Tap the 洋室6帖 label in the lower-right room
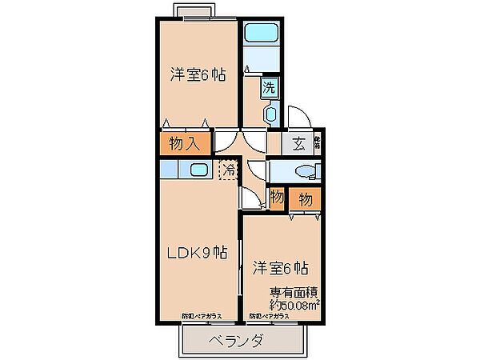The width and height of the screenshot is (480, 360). pos(282,267)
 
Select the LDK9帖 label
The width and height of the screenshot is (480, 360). pos(196,253)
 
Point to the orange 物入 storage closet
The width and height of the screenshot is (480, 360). pos(185,144)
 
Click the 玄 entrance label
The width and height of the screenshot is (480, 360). pos(298,144)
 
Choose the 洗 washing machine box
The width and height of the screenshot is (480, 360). pos(269,88)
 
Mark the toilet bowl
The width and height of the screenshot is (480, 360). pos(303,171)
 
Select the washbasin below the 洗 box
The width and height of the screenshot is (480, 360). pos(270,116)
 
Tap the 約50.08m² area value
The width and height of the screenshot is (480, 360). pos(294,305)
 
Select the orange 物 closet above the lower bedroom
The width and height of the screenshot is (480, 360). pos(305,198)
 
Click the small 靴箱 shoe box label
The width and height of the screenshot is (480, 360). pos(318,143)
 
